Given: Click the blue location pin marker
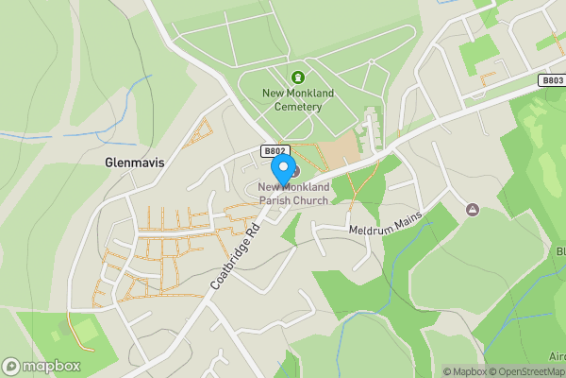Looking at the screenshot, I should [x=282, y=169].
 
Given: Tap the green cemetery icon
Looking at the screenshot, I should [x=298, y=77].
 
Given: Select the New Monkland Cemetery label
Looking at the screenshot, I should [x=298, y=99].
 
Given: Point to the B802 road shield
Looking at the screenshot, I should [x=274, y=150].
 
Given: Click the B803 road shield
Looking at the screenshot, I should [x=552, y=80].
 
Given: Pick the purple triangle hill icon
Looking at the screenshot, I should [x=472, y=208].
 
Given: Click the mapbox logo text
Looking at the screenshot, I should [x=52, y=367].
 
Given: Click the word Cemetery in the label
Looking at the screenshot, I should [x=298, y=106].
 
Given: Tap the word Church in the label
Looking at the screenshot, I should [x=312, y=200].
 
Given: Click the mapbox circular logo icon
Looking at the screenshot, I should [x=12, y=367].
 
